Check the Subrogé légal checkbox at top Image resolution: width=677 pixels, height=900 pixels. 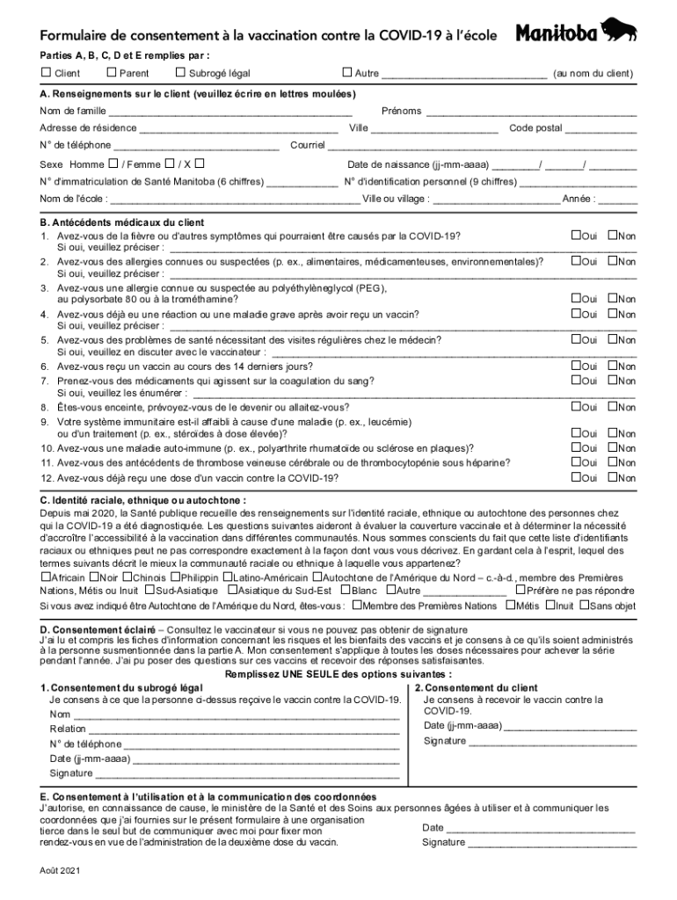click(x=181, y=73)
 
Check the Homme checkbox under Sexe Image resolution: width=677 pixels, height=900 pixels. click(x=113, y=163)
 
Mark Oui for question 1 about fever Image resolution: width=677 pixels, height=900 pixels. click(x=576, y=236)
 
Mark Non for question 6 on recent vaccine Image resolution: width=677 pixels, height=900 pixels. click(x=613, y=366)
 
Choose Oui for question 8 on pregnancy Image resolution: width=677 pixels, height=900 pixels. click(x=576, y=407)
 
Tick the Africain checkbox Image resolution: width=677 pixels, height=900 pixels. click(x=46, y=577)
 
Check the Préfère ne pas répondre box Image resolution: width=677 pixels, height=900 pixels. click(x=520, y=591)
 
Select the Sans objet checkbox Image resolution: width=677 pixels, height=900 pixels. click(x=585, y=605)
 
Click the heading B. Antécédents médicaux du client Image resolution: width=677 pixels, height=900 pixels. click(x=122, y=222)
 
